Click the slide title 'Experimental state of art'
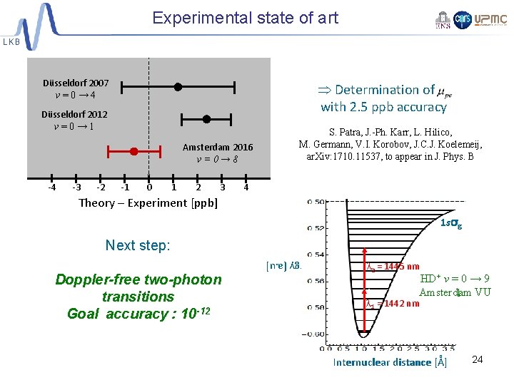click(245, 18)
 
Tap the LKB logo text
click(12, 42)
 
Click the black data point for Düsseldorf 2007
click(178, 87)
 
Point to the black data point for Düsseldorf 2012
click(206, 119)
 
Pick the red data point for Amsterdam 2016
click(134, 151)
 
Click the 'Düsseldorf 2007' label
click(75, 83)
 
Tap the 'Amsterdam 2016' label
click(217, 147)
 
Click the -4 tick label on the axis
click(51, 188)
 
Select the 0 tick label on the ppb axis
click(148, 188)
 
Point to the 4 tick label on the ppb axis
click(246, 188)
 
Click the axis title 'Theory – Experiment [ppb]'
click(148, 203)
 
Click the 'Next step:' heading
click(138, 245)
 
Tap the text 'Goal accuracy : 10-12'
click(138, 314)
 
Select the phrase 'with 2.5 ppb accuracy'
click(383, 107)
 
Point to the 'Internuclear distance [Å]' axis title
click(390, 362)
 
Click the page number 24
click(478, 359)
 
